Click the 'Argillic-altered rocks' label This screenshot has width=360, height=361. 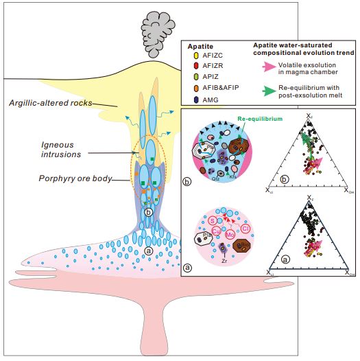coord(51,104)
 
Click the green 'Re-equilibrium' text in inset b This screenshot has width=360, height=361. coord(238,119)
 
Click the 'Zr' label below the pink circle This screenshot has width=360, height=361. coord(223,261)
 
